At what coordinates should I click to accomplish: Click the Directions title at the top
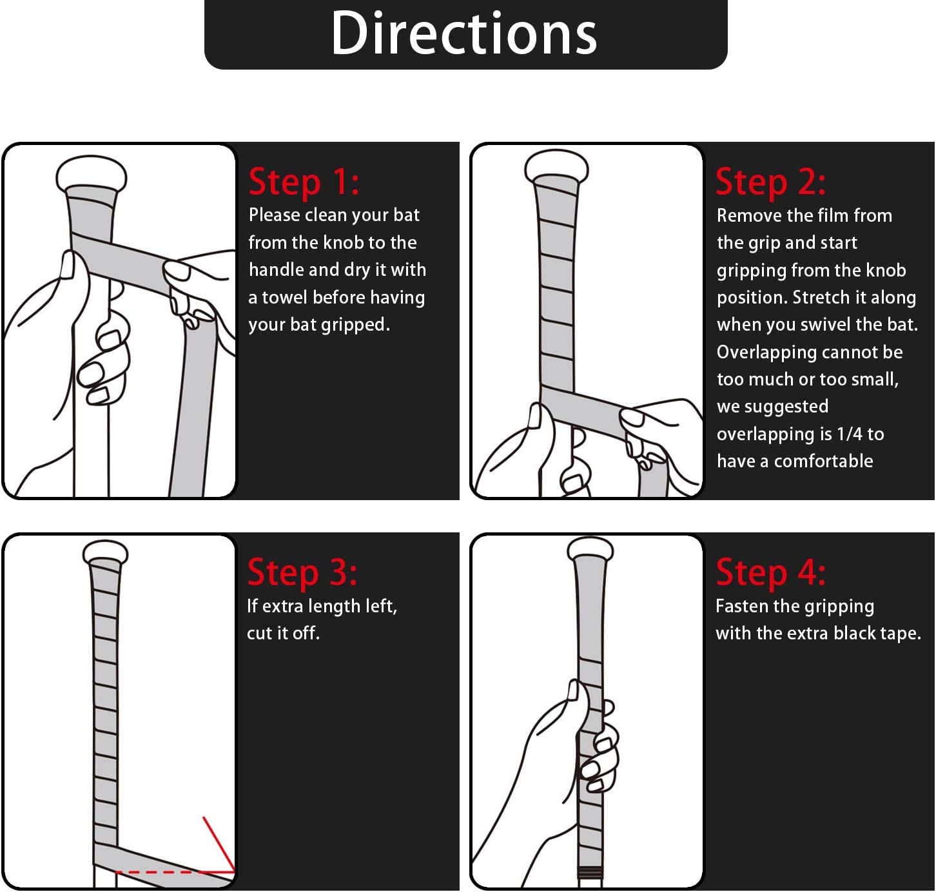[x=463, y=34]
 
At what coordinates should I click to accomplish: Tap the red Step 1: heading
[x=304, y=182]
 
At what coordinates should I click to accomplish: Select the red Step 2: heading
[x=770, y=182]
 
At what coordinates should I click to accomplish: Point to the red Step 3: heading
[x=302, y=572]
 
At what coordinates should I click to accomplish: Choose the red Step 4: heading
[x=770, y=572]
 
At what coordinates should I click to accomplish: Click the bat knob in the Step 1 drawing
[x=92, y=173]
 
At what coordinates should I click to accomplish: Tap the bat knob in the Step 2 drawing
[x=556, y=166]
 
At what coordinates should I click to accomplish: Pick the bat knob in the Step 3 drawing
[x=105, y=552]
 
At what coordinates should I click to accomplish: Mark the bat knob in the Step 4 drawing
[x=590, y=549]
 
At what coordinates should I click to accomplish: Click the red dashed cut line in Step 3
[x=175, y=872]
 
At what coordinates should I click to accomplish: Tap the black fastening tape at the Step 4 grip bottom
[x=590, y=872]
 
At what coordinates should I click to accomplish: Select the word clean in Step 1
[x=318, y=215]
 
